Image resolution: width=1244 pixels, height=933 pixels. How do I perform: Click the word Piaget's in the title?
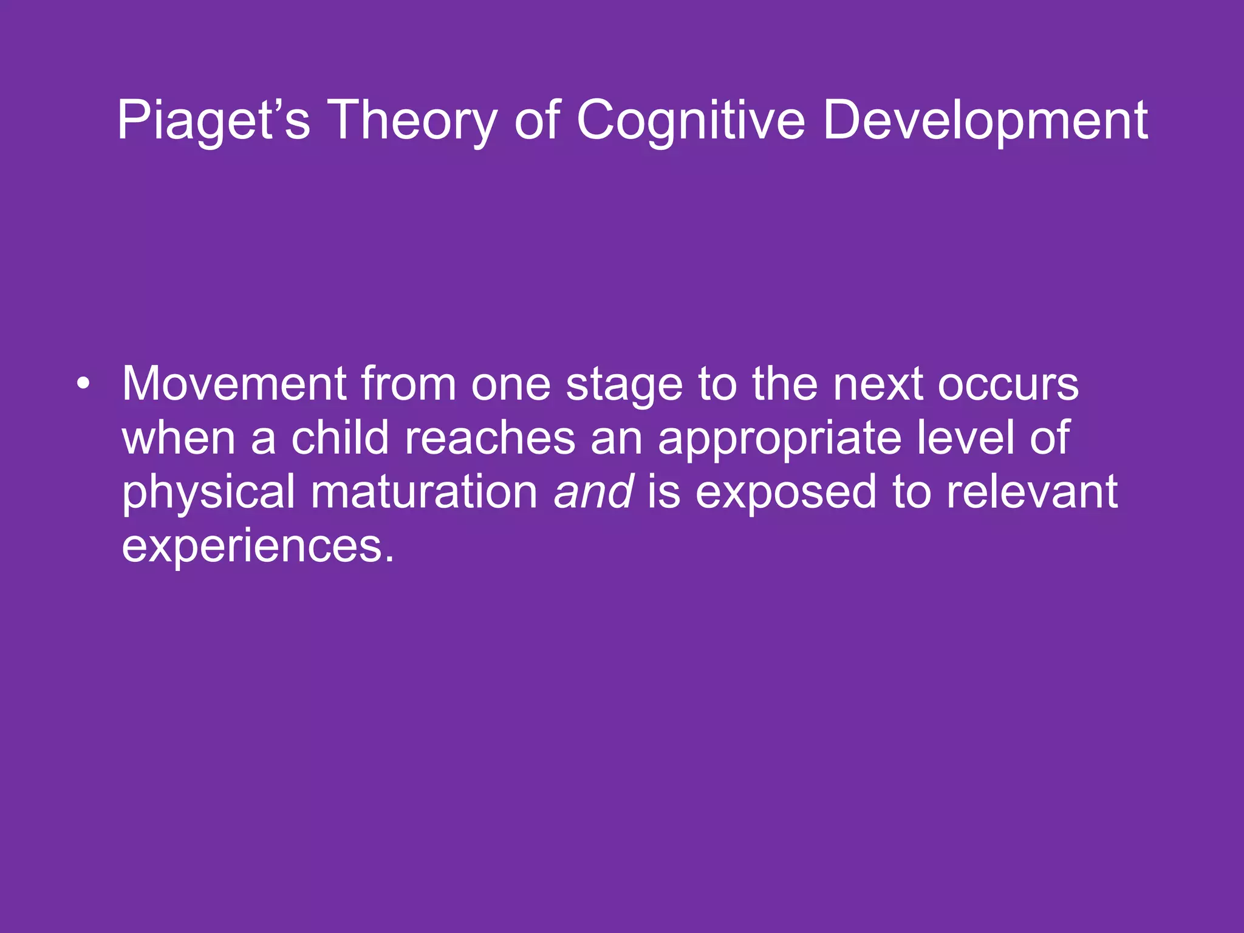tap(213, 120)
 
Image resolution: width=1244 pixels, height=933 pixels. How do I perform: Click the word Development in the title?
tap(985, 120)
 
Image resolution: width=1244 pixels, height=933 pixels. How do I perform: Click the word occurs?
tap(1008, 385)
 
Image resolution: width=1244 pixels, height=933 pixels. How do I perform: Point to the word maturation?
tap(424, 491)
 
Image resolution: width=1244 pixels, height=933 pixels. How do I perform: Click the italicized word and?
tap(593, 491)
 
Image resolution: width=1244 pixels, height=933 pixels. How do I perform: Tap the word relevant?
tap(1032, 491)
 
